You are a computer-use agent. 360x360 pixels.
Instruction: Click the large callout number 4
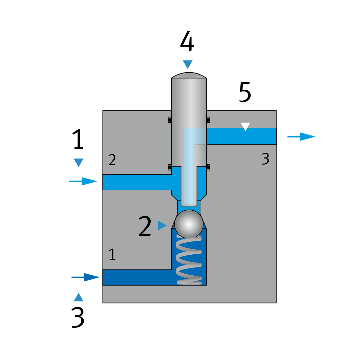coord(187,41)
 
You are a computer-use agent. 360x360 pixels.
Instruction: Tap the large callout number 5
coord(245,92)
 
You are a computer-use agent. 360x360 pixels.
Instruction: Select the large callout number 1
coord(78,140)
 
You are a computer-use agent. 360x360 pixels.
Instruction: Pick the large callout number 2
coord(145,226)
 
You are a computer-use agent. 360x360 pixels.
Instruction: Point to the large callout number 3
coord(78,317)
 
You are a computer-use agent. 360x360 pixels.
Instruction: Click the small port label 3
coord(266,158)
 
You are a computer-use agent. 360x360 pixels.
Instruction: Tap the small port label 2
coord(112,160)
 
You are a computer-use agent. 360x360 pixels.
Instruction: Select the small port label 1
coord(112,254)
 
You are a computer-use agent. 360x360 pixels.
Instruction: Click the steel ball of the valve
coord(189,224)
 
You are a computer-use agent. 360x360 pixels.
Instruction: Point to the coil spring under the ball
coord(189,261)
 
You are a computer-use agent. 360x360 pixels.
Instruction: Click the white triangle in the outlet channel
coord(245,127)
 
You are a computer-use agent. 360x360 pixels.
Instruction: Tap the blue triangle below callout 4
coord(187,64)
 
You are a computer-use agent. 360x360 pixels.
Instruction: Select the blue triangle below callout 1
coord(78,163)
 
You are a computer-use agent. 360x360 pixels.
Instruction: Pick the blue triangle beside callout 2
coord(162,225)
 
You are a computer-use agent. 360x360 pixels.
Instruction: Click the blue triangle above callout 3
coord(78,297)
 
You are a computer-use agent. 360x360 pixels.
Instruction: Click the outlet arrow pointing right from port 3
coord(301,136)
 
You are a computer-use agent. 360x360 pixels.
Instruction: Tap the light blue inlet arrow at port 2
coord(83,181)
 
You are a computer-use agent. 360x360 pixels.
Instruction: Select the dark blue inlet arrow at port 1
coord(86,277)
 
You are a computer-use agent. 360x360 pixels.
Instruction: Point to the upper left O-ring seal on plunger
coord(170,119)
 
